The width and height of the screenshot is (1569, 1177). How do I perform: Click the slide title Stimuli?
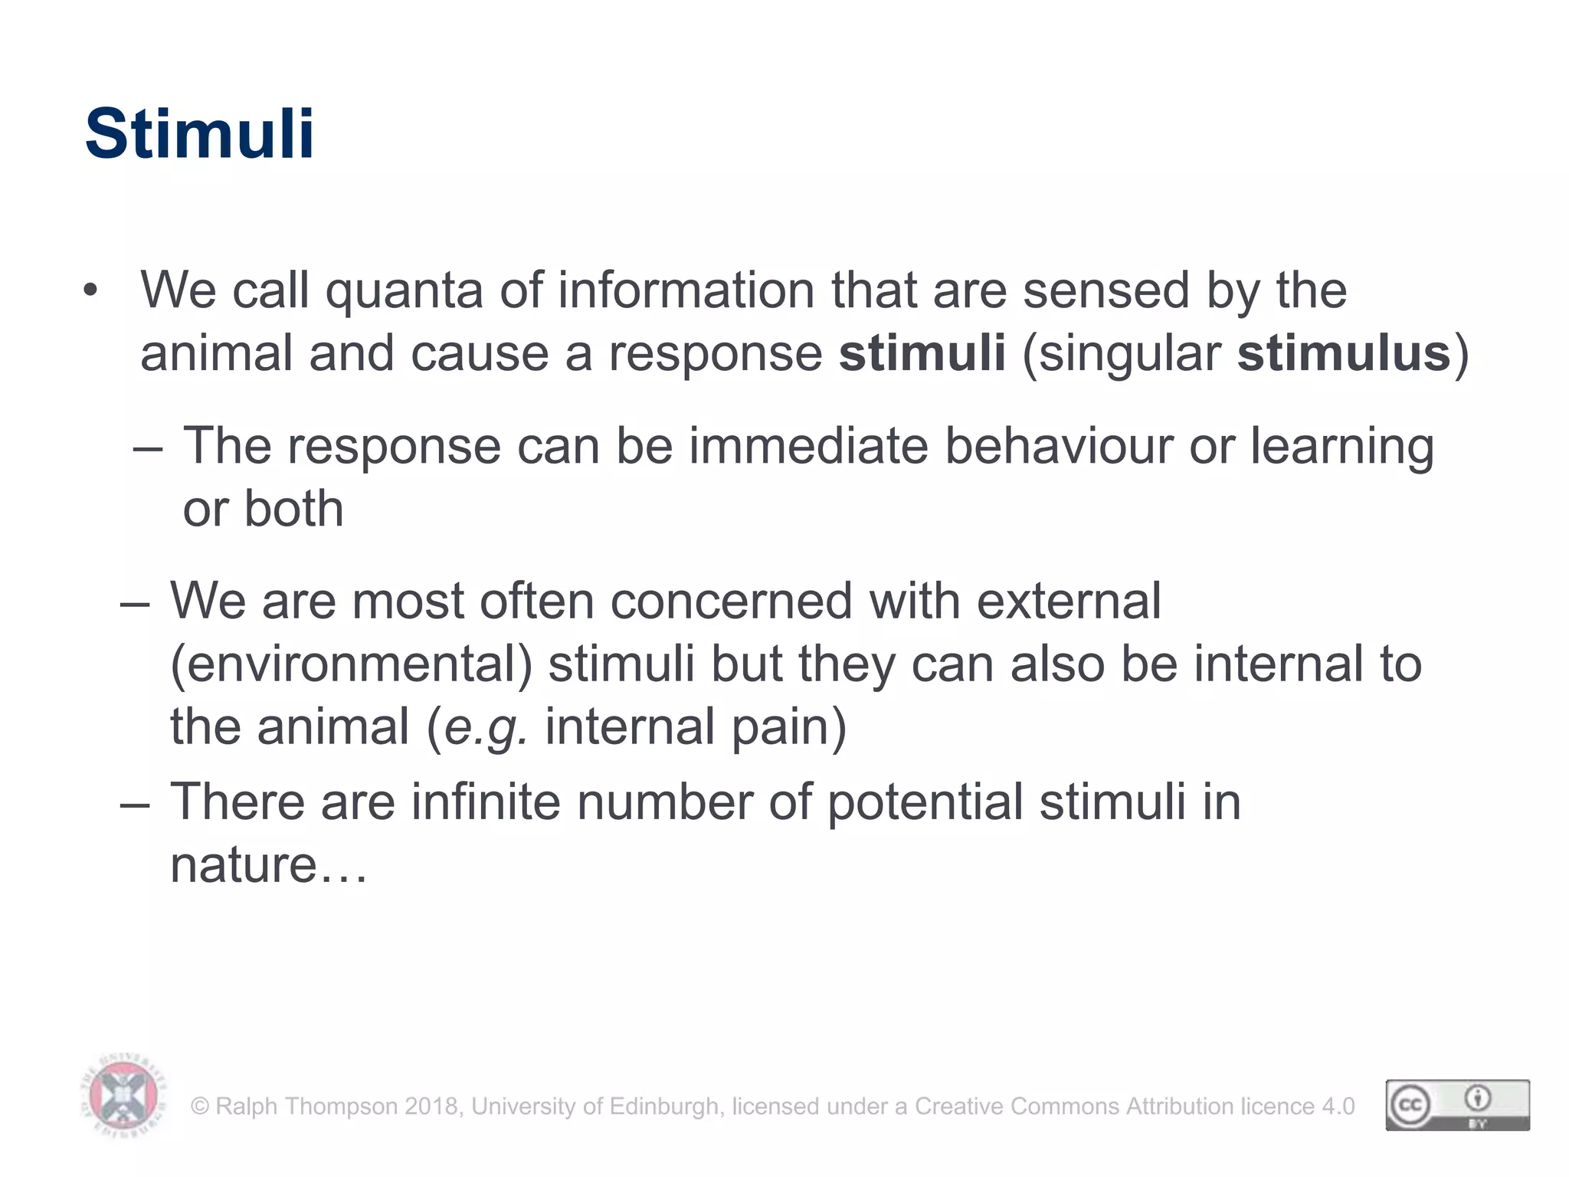199,134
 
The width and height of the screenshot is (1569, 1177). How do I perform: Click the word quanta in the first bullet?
404,291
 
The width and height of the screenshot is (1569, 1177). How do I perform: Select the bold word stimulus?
1344,354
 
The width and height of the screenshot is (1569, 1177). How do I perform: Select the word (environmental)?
351,664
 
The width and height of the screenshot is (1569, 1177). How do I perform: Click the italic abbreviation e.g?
486,728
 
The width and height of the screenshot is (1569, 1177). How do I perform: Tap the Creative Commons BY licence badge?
1457,1105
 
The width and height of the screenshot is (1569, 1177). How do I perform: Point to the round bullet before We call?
91,292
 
